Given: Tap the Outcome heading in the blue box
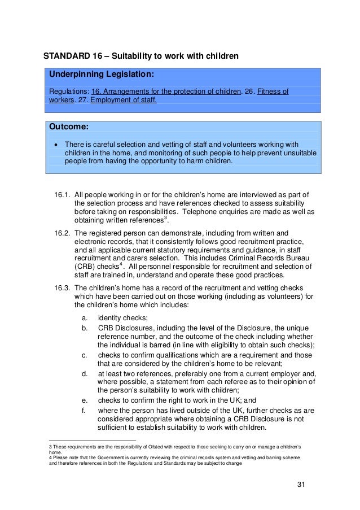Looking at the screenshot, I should coord(69,127).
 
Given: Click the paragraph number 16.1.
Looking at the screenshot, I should coord(62,195).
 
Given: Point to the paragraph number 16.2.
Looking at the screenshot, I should coord(62,232).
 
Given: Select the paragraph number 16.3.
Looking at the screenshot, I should coord(62,287).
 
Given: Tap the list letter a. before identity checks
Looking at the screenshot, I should coord(85,318).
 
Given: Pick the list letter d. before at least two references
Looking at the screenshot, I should coord(85,373).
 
